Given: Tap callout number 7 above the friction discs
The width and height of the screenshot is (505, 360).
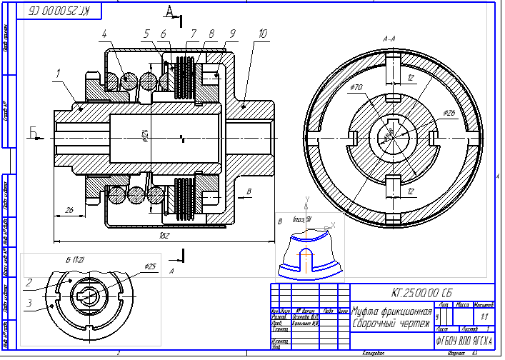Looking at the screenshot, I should (x=193, y=34).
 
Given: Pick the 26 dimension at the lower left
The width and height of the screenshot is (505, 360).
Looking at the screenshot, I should (x=69, y=209).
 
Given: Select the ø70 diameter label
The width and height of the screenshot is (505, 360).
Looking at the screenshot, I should (x=357, y=88).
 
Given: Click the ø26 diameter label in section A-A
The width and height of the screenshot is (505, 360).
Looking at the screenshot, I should (x=449, y=114).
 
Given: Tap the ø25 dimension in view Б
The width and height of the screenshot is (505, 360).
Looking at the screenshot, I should (x=149, y=266).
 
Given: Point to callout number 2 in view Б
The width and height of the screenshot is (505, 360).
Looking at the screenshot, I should (x=29, y=284).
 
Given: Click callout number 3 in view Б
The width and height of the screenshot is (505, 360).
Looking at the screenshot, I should (x=29, y=303).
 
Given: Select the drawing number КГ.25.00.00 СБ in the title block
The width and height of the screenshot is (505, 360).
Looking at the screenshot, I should (x=421, y=292).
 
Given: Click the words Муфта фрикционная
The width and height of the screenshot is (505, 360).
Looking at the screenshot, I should (x=392, y=312).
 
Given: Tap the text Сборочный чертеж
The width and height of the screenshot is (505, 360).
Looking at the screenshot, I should (x=391, y=324).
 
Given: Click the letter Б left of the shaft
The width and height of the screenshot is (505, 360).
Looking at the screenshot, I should (x=32, y=131).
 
